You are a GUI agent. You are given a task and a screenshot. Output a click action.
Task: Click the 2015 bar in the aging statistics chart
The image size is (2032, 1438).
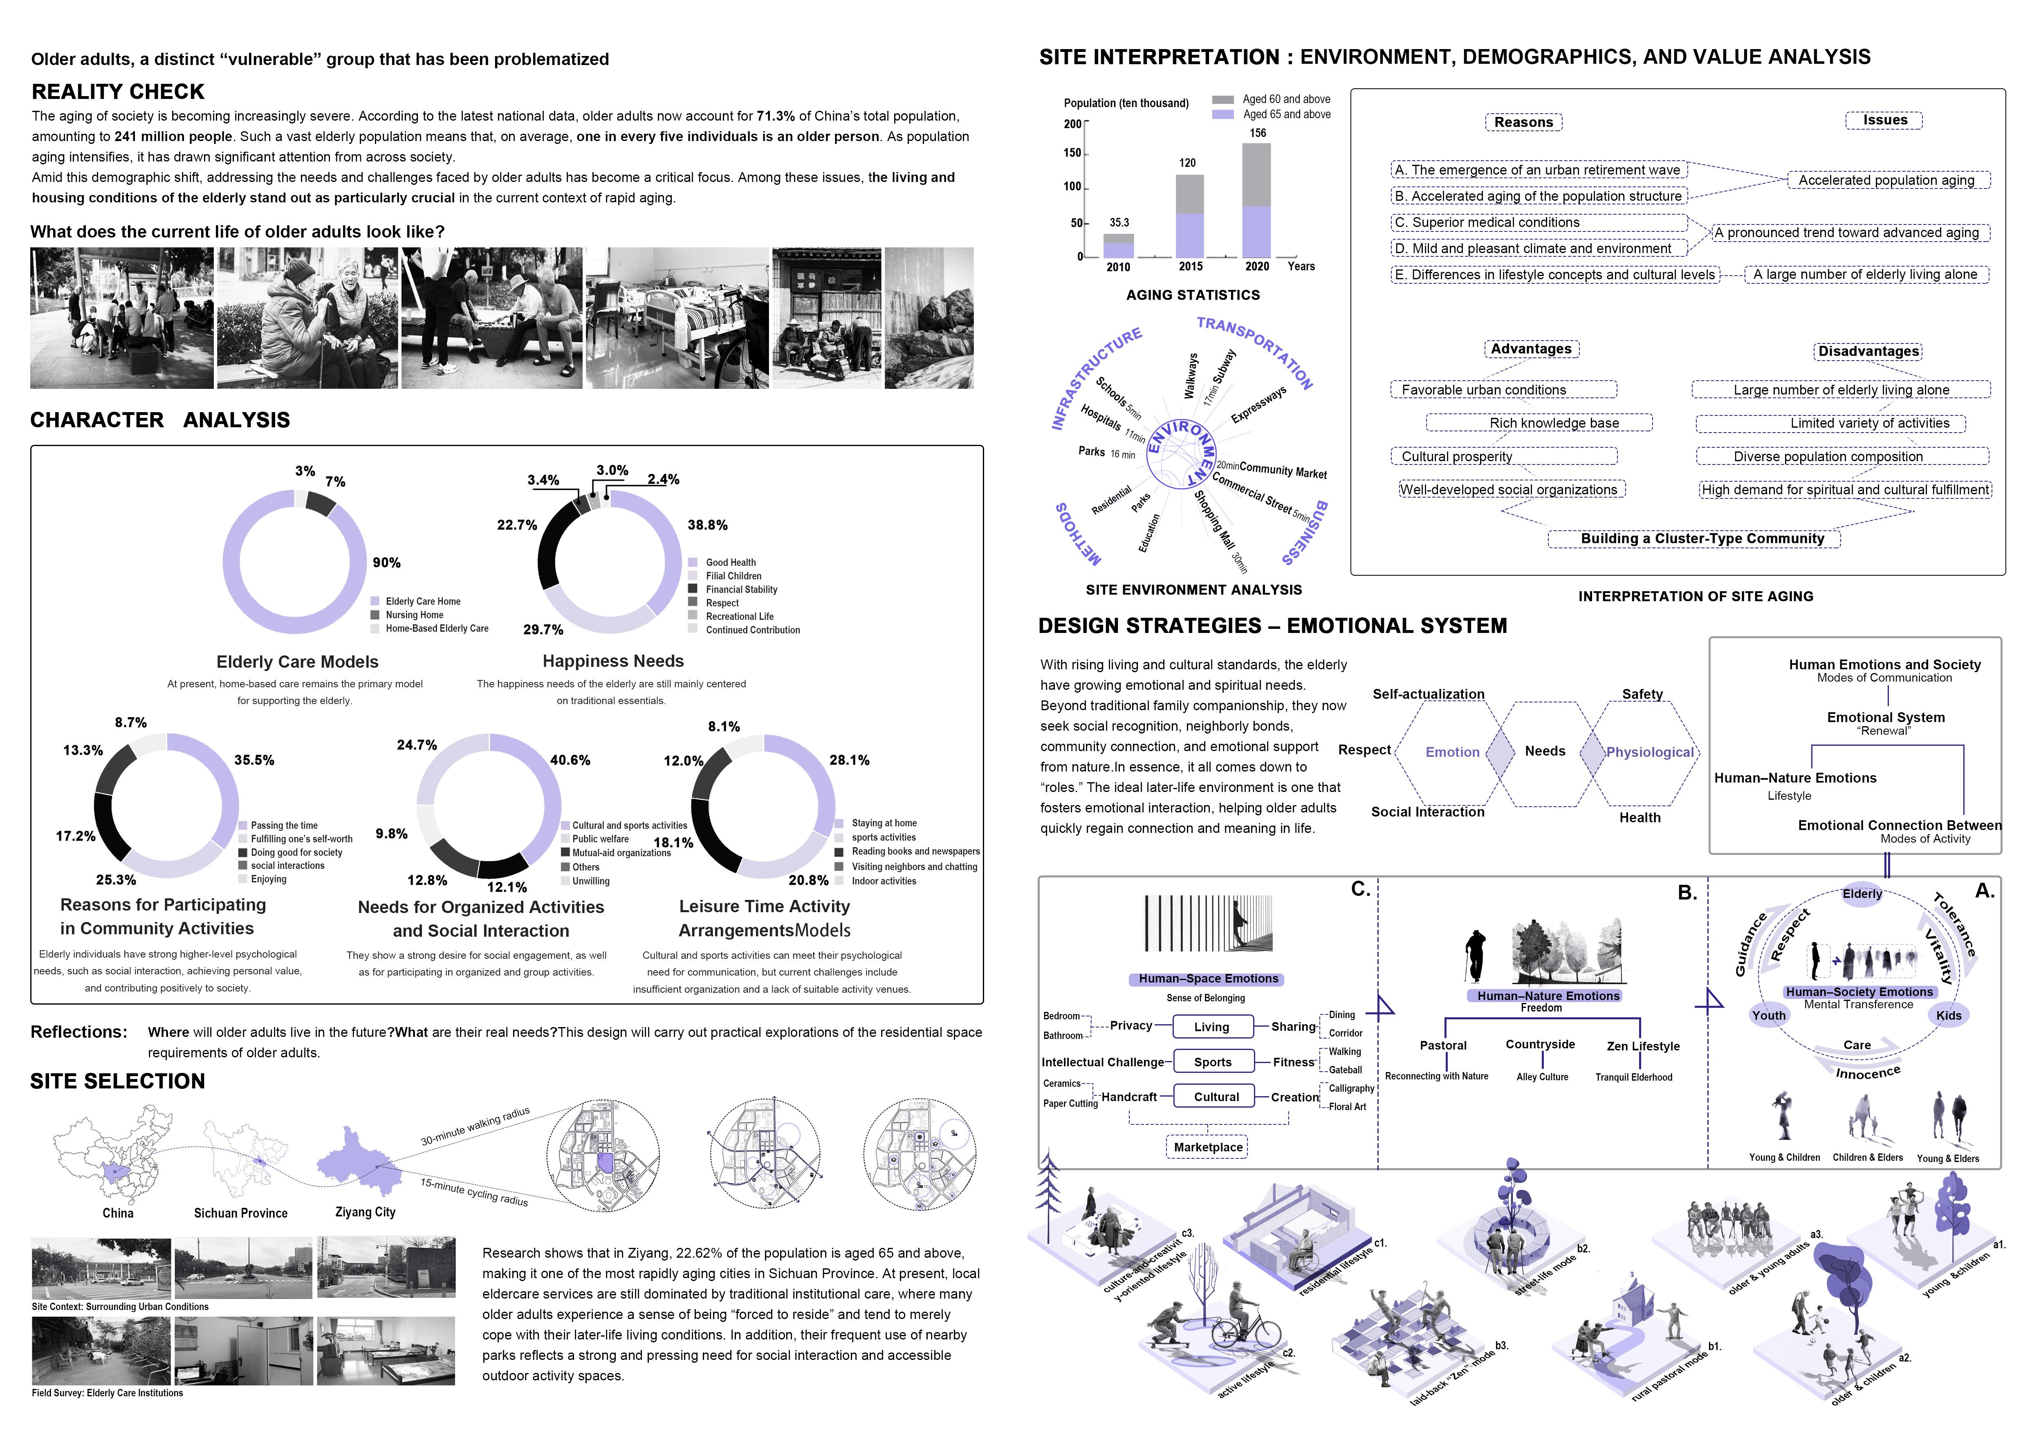click(1189, 217)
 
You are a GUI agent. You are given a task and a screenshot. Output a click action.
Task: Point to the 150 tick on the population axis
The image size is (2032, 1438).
click(1072, 153)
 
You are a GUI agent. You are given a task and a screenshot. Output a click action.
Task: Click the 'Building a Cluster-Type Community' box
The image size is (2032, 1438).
click(1702, 538)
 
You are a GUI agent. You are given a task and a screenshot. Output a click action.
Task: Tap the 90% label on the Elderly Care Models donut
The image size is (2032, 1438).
click(386, 562)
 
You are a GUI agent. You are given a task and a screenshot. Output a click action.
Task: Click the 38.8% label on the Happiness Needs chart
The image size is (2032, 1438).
click(707, 525)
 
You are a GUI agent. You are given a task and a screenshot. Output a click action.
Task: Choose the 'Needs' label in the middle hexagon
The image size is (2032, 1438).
click(1545, 751)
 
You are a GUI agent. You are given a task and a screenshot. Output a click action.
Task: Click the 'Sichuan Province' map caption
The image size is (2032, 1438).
click(241, 1213)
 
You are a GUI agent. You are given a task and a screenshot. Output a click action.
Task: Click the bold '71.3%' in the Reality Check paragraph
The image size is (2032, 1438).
click(776, 116)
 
